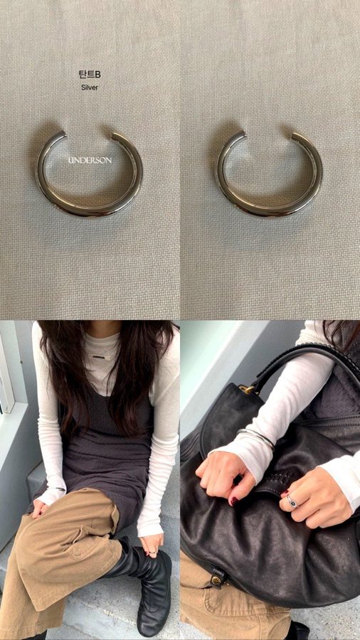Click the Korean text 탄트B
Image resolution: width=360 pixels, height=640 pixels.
coord(90,74)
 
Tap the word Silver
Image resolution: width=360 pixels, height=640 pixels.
coord(90,87)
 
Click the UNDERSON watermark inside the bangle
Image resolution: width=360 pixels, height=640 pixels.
coord(90,161)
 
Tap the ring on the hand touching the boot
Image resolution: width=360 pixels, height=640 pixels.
coord(152,553)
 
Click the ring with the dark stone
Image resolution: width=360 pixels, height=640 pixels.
coord(292,501)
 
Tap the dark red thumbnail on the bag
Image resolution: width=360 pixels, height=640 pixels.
coord(234,500)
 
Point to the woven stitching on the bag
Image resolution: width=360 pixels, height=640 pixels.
coord(286,477)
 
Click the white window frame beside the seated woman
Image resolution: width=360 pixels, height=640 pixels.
coord(7,375)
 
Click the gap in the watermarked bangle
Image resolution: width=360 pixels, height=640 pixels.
coord(89,133)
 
